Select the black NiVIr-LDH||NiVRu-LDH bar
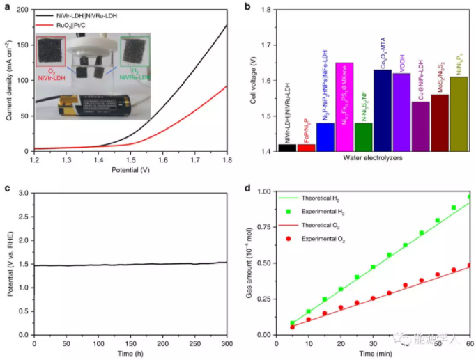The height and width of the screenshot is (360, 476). (x=286, y=148)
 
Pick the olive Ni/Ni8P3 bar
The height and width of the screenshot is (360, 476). (x=459, y=114)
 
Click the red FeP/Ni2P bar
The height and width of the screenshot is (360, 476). (x=306, y=148)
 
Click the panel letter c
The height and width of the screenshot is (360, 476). (x=6, y=188)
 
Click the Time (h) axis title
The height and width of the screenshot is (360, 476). (x=130, y=354)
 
